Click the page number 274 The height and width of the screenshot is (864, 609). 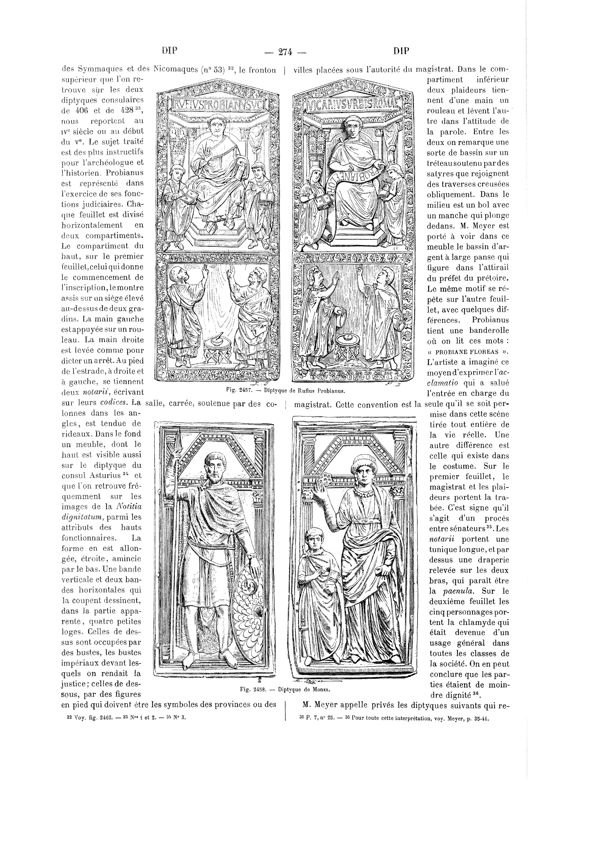(x=285, y=52)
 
